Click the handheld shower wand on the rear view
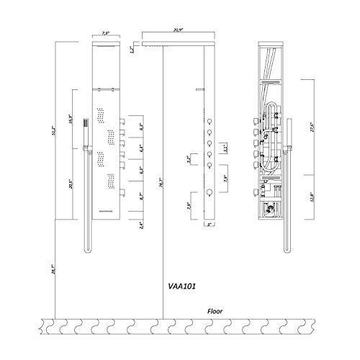[286, 133]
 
